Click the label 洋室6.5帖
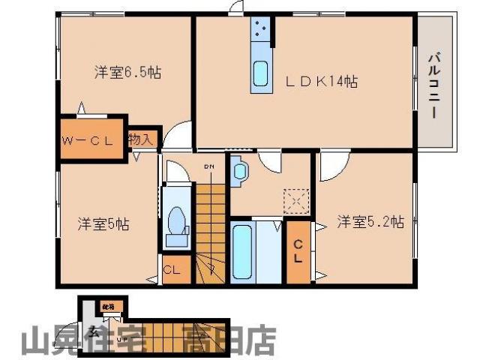coord(127,73)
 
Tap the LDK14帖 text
coord(324,81)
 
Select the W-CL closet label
coord(89,139)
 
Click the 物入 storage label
coord(141,139)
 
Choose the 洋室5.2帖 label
coord(370,221)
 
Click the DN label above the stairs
coord(210,166)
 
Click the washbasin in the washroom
coord(241,171)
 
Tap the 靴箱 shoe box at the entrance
coord(108,307)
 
